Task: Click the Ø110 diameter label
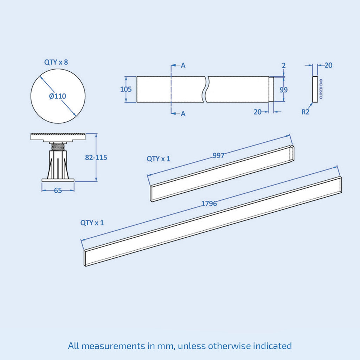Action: [58, 96]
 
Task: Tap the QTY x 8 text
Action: [56, 62]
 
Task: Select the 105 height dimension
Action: [126, 89]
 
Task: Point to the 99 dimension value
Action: [284, 90]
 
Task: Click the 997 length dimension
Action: [218, 155]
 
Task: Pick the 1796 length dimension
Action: [209, 204]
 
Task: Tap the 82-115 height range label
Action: [96, 157]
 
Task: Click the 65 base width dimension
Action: [58, 191]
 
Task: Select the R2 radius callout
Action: [306, 112]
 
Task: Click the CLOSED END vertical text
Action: [321, 89]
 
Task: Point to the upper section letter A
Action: [183, 65]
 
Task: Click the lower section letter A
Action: [183, 114]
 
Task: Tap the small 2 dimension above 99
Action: [284, 65]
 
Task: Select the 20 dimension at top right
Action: [328, 65]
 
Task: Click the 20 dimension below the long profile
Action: [258, 112]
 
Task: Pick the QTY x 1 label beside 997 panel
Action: [159, 159]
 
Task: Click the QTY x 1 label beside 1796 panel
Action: [92, 223]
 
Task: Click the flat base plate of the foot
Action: [58, 180]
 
